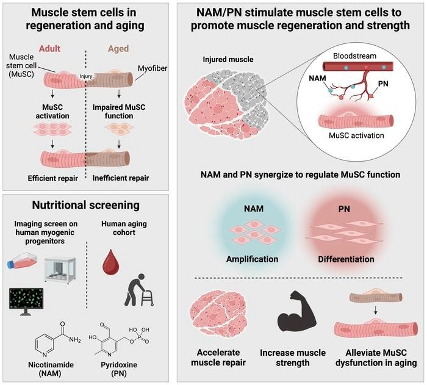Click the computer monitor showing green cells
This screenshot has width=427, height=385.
click(28, 298)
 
